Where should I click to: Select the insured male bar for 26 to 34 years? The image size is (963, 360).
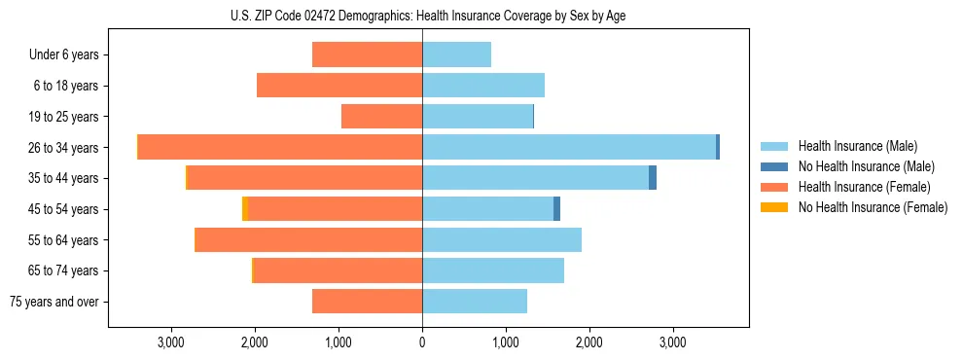(569, 147)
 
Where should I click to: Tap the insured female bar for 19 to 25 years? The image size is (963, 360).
(381, 117)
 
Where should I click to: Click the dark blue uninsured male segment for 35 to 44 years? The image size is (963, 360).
(653, 178)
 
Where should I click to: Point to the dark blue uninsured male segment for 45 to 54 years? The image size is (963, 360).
(556, 209)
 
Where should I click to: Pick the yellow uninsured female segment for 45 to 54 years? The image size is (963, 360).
(245, 209)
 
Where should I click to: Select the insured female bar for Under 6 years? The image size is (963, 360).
(367, 54)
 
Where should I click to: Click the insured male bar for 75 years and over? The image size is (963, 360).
(475, 302)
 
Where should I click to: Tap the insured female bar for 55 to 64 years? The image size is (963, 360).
(308, 240)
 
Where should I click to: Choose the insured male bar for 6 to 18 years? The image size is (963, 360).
(483, 86)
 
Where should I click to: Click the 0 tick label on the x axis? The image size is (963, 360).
(422, 342)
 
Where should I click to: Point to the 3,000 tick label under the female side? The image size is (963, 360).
(170, 342)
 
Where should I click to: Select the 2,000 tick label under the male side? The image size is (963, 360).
(589, 342)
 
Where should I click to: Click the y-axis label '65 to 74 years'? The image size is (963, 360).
(64, 271)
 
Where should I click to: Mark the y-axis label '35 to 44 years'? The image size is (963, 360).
(64, 178)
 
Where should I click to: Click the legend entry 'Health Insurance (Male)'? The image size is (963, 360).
(857, 146)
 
